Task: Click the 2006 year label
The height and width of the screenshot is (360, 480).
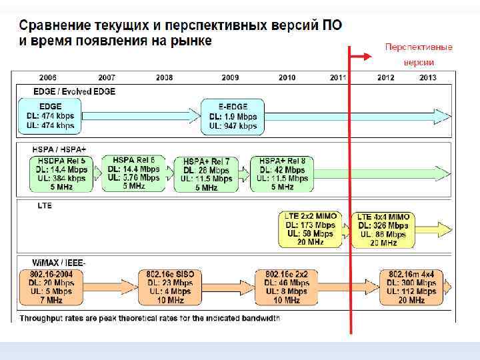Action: (x=47, y=78)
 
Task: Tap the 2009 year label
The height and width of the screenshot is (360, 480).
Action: (x=231, y=78)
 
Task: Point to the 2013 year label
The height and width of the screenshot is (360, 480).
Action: (x=428, y=78)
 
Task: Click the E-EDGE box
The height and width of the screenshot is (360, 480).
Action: (x=233, y=116)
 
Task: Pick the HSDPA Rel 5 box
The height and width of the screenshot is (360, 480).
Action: (x=61, y=174)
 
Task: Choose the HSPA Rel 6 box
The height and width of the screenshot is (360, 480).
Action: (x=133, y=173)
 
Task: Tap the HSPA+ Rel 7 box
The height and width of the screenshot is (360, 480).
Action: (x=206, y=175)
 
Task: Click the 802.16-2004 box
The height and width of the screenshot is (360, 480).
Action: (x=51, y=287)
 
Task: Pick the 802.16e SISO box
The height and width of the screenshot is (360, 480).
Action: (x=171, y=287)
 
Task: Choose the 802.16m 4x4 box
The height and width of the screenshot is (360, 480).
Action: (x=411, y=287)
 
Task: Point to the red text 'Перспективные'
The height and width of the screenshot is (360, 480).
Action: (x=419, y=47)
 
